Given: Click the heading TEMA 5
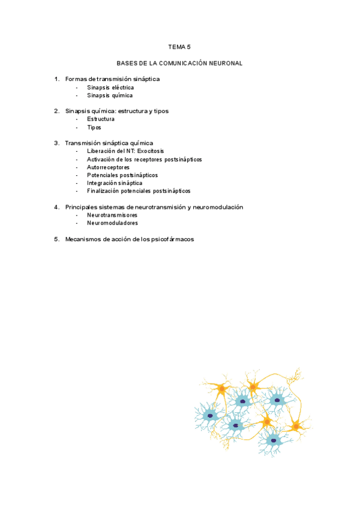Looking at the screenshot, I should tap(179, 46).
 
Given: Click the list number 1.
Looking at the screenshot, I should tap(56, 79).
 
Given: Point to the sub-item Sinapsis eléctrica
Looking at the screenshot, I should tap(110, 88).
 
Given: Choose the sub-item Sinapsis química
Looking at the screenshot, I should tap(109, 95).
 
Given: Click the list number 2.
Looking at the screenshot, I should tap(56, 111).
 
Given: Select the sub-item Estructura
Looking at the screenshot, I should tap(101, 119).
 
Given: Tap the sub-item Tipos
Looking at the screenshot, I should tap(94, 127).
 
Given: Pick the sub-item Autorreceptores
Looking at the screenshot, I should tap(108, 167).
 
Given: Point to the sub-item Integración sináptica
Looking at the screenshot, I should tap(115, 183).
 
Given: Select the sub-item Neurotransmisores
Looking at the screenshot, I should tap(112, 215).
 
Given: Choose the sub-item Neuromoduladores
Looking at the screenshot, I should tap(112, 223).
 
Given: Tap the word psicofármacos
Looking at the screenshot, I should tap(173, 239).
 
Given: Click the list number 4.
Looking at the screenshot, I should tap(56, 207).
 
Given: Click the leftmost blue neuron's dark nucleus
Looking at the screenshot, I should tap(210, 415).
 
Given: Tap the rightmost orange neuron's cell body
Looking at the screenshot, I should tap(295, 427).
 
